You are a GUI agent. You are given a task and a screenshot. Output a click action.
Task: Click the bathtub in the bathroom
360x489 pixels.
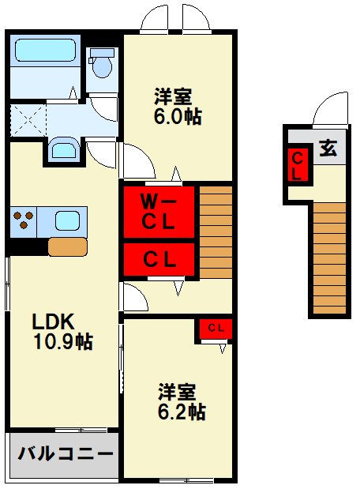tap(46, 52)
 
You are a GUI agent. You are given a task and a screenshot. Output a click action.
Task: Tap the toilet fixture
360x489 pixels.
tap(101, 63)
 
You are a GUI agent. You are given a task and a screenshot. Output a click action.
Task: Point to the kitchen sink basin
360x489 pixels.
tap(66, 221)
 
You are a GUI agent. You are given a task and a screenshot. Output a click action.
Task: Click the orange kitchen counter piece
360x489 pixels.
tap(67, 246)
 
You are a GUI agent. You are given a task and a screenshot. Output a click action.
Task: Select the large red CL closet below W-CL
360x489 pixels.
tap(158, 258)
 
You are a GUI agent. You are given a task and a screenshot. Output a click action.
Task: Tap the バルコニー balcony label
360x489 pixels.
tap(64, 454)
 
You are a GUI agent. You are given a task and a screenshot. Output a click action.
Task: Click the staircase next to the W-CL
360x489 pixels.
tap(215, 231)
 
